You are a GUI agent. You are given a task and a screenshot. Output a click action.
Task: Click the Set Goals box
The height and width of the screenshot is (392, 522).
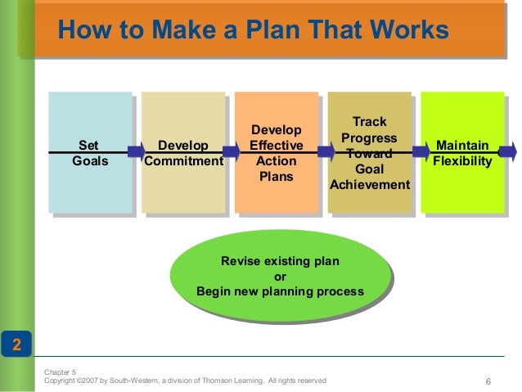pos(90,152)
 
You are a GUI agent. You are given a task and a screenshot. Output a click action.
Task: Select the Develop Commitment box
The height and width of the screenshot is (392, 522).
pos(182,152)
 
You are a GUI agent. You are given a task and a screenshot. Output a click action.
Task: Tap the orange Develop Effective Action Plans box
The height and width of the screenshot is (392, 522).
pos(276,152)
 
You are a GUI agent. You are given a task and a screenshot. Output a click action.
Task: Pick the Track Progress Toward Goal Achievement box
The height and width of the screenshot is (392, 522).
pos(369,152)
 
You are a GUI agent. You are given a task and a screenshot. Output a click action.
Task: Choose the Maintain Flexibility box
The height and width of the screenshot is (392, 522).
pos(462,152)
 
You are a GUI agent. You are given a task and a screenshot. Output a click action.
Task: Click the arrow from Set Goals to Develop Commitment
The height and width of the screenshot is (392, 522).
pos(136,151)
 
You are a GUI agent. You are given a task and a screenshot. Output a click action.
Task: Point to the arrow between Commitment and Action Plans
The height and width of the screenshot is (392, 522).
pos(231,151)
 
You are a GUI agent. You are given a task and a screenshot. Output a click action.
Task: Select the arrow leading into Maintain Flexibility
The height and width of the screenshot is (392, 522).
pos(421,151)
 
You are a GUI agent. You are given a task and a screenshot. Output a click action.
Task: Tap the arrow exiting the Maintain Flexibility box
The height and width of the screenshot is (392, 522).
pos(508,151)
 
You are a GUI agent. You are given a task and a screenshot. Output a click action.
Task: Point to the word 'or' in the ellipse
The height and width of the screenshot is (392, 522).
pos(280,277)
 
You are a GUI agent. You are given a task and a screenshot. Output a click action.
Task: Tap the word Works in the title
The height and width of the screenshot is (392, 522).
pos(415,30)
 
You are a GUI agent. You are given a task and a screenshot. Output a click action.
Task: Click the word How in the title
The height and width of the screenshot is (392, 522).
pos(82,30)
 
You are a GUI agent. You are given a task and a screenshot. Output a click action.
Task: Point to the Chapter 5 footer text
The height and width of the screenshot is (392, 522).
pos(60,372)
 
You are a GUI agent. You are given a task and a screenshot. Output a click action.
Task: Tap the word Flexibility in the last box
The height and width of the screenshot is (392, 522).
pos(462,161)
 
